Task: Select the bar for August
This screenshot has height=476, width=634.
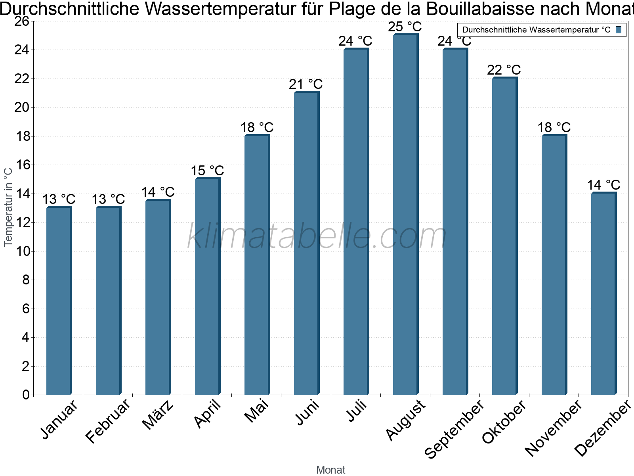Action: [x=405, y=214]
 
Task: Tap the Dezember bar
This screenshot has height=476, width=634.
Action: [x=603, y=294]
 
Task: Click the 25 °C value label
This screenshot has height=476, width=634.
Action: [x=405, y=27]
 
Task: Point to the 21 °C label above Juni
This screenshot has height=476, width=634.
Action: [x=306, y=84]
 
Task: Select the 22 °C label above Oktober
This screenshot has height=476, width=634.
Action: [x=504, y=70]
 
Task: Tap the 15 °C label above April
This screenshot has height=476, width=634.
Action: [x=207, y=171]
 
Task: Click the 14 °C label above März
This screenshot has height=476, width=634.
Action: [x=158, y=192]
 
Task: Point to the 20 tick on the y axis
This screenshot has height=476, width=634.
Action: [x=22, y=107]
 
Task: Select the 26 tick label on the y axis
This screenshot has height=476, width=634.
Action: [x=22, y=21]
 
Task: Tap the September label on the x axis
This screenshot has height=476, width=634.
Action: [x=454, y=428]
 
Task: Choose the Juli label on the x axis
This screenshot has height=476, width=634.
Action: [x=357, y=411]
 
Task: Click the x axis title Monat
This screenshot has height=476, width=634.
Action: [x=331, y=470]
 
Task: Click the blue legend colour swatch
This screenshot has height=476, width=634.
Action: [x=619, y=30]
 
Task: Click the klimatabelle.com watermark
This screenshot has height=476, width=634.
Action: [x=317, y=236]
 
